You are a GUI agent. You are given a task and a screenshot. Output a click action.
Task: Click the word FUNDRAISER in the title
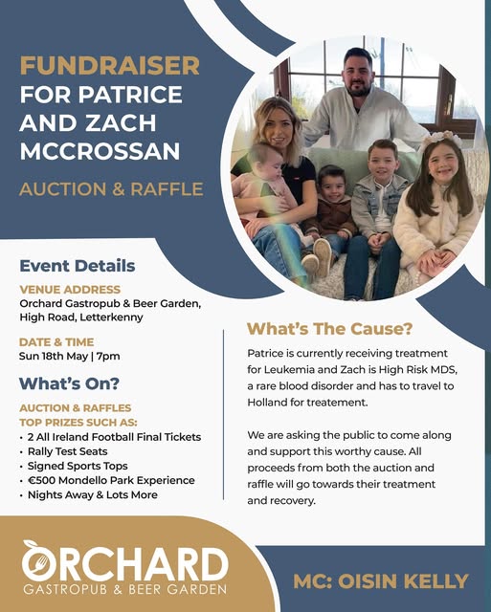pos(110,66)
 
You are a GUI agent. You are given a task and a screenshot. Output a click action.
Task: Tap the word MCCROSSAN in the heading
pos(100,151)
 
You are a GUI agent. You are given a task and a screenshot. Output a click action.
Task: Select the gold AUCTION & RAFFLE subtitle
pos(111,189)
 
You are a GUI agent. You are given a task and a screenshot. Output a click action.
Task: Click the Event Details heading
pos(78,266)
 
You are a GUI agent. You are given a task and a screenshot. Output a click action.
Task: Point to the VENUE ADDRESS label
pos(70,289)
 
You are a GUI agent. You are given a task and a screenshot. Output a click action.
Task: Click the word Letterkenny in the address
pos(111,317)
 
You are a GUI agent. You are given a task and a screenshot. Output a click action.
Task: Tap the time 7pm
pos(108,357)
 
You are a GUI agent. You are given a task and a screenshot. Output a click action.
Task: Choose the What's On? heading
pos(69,383)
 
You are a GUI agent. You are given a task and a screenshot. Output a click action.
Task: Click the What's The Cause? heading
pos(329,329)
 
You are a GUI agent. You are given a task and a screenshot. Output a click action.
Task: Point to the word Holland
pos(267,402)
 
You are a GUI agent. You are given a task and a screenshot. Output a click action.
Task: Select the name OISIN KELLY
pos(403,581)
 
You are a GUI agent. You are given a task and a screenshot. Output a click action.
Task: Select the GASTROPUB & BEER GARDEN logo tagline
pos(125,589)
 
